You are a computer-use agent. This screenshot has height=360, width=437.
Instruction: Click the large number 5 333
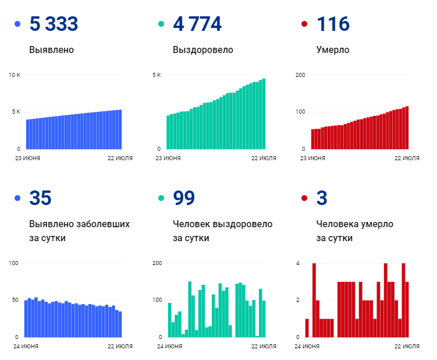pos(54,24)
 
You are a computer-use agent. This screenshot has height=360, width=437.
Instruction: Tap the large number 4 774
pos(197,24)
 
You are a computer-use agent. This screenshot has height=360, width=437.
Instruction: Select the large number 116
pos(333,24)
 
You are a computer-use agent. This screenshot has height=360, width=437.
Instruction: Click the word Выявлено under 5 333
pos(51,50)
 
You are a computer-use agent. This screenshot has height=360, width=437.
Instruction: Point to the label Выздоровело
pos(203,50)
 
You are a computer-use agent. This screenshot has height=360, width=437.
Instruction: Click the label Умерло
pos(333,50)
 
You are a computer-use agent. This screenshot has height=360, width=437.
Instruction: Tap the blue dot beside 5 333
pos(17,24)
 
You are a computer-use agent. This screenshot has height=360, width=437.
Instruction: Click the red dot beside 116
pos(304,24)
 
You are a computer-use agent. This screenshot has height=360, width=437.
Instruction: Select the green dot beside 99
pos(161,199)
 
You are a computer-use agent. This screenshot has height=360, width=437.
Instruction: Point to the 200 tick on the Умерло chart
pos(301,75)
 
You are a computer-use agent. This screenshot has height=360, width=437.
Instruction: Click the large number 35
pos(40,198)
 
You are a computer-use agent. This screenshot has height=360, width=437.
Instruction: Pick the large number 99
pos(184,198)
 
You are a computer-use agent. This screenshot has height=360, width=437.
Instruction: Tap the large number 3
pos(322,198)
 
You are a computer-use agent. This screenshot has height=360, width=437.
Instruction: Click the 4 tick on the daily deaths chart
pos(297,263)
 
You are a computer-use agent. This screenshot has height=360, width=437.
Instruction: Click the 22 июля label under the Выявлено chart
pos(120,158)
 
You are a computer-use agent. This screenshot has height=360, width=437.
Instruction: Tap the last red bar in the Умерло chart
pos(407,127)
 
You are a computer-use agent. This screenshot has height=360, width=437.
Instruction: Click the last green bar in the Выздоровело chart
pos(264,114)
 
